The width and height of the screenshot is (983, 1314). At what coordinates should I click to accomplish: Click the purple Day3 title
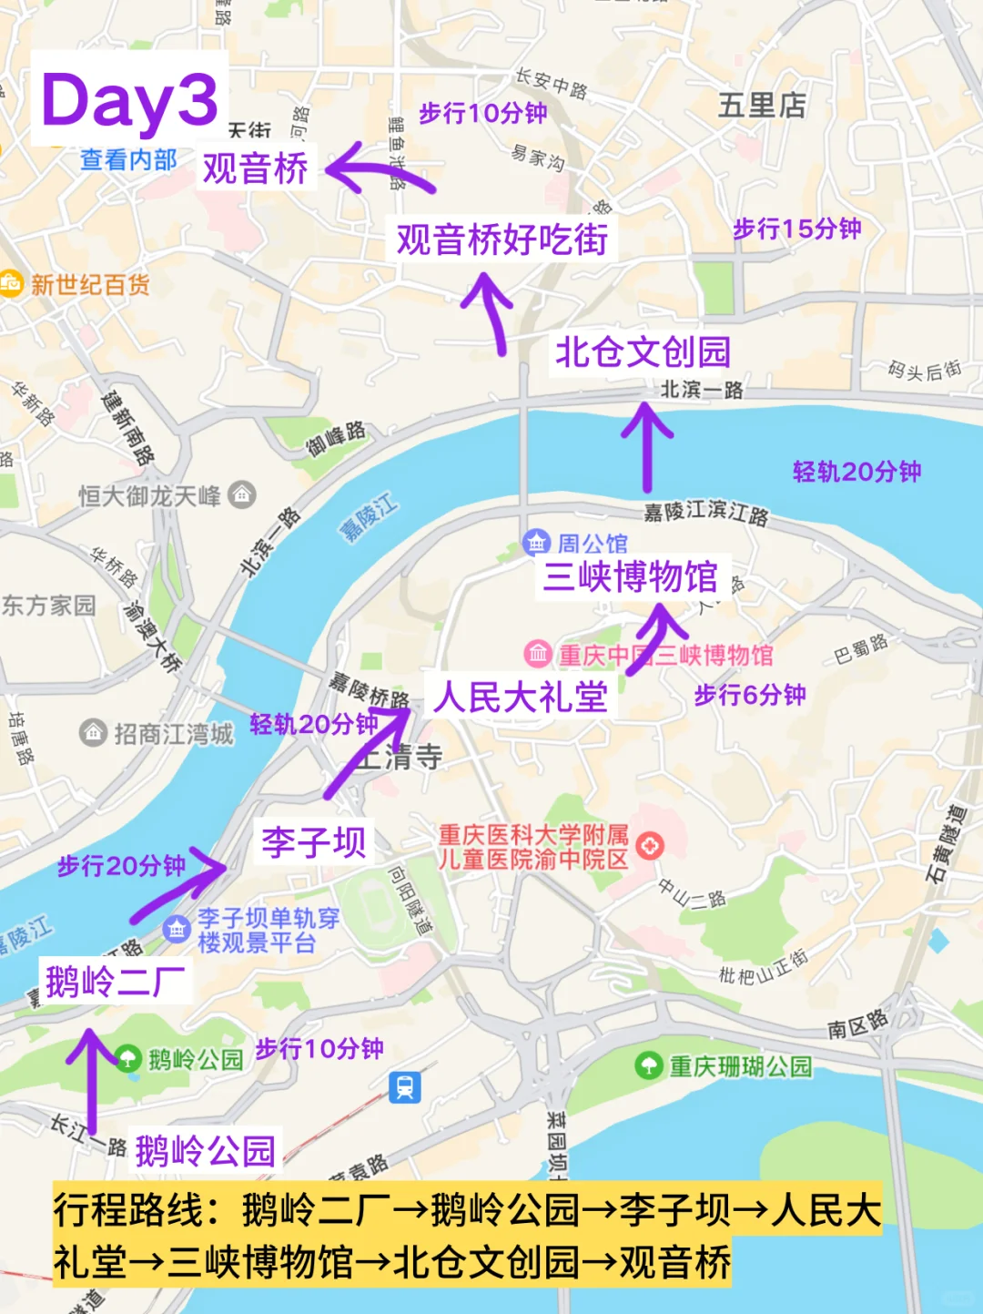point(129,100)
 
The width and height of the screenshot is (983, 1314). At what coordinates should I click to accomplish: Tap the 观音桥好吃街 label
point(502,240)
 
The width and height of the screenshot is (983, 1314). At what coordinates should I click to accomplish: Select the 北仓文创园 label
point(643,352)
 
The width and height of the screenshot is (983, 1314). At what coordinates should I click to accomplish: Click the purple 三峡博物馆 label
point(630,577)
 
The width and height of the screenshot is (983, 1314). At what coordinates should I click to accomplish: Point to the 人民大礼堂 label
point(521,698)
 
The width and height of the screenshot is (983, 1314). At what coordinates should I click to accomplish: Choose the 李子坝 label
point(314,842)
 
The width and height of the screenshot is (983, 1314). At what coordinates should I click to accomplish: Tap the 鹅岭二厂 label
point(116,982)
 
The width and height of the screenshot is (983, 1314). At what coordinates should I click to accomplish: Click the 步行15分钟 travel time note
point(797,229)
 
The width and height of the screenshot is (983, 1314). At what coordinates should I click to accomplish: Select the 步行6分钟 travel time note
point(750,695)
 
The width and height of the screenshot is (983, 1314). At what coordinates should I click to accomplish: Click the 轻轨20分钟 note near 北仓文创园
point(856,471)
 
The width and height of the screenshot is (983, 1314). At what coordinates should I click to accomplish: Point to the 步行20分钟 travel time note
point(121,865)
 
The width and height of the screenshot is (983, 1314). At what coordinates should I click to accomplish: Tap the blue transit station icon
point(405,1087)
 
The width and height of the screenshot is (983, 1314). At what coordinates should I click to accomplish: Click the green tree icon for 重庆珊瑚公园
point(648,1064)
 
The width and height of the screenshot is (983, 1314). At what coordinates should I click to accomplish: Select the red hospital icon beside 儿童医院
point(650,846)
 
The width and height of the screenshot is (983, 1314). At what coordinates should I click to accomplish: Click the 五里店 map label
point(762,106)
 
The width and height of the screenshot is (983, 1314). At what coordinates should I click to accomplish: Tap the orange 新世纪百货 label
point(89,285)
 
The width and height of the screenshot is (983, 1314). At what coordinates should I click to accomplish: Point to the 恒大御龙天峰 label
point(150,496)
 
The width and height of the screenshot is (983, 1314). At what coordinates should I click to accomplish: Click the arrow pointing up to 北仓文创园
point(647,446)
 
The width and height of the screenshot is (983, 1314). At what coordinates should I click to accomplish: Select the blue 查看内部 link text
point(128,160)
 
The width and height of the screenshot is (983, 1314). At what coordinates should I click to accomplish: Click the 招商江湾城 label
point(173,734)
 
